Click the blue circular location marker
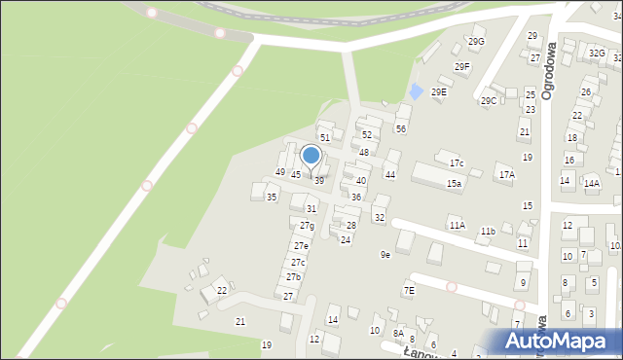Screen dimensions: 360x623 (x=311, y=156)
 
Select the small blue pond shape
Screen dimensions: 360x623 (x=416, y=91)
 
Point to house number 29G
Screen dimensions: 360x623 (x=476, y=41)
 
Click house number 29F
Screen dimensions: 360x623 (x=462, y=66)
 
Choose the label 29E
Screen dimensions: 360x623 (x=439, y=91)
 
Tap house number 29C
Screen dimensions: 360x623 (x=489, y=100)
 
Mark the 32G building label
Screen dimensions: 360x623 (x=596, y=53)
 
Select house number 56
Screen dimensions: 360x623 (x=401, y=128)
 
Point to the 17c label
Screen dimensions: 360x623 (x=457, y=162)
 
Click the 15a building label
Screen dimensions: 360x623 (x=455, y=183)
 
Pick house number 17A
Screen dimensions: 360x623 (x=506, y=175)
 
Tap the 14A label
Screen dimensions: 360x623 (x=592, y=182)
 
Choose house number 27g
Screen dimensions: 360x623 (x=307, y=226)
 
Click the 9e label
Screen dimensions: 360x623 (x=385, y=254)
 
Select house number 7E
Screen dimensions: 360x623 (x=410, y=290)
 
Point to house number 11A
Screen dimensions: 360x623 (x=457, y=225)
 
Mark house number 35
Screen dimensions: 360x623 (x=272, y=198)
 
